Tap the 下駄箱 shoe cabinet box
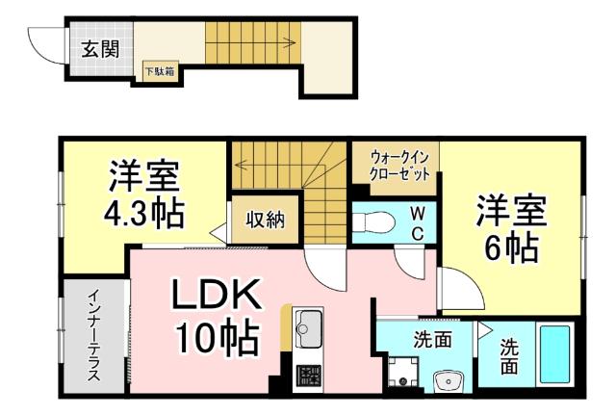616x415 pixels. [160, 71]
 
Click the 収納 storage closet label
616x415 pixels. [263, 220]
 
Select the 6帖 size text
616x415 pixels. [510, 247]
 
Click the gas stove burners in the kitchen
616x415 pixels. [307, 374]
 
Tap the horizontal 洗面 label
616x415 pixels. [433, 339]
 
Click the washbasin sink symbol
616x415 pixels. [447, 382]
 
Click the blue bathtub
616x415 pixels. [554, 356]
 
